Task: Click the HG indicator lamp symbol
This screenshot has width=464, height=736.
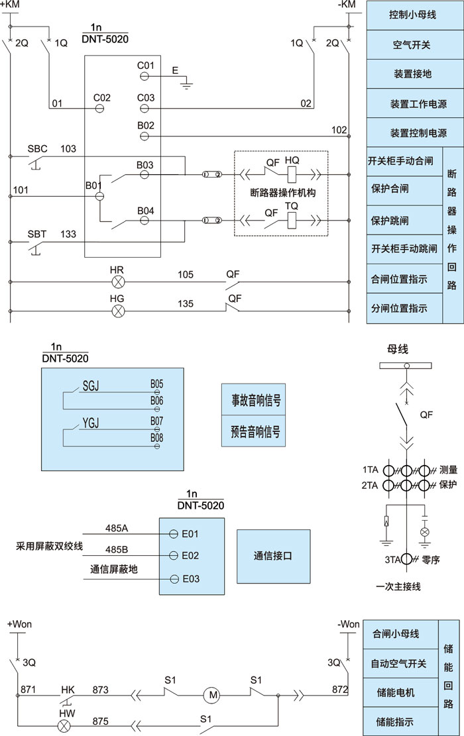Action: pos(118,310)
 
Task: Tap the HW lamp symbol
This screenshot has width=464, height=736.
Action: pos(64,725)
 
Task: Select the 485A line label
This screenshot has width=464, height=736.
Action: pos(117,528)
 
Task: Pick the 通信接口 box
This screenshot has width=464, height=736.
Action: pos(273,556)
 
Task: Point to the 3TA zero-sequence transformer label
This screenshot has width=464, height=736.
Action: pos(393,559)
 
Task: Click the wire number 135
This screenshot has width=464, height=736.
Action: pos(186,304)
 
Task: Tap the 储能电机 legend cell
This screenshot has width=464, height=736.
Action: pos(395,692)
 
